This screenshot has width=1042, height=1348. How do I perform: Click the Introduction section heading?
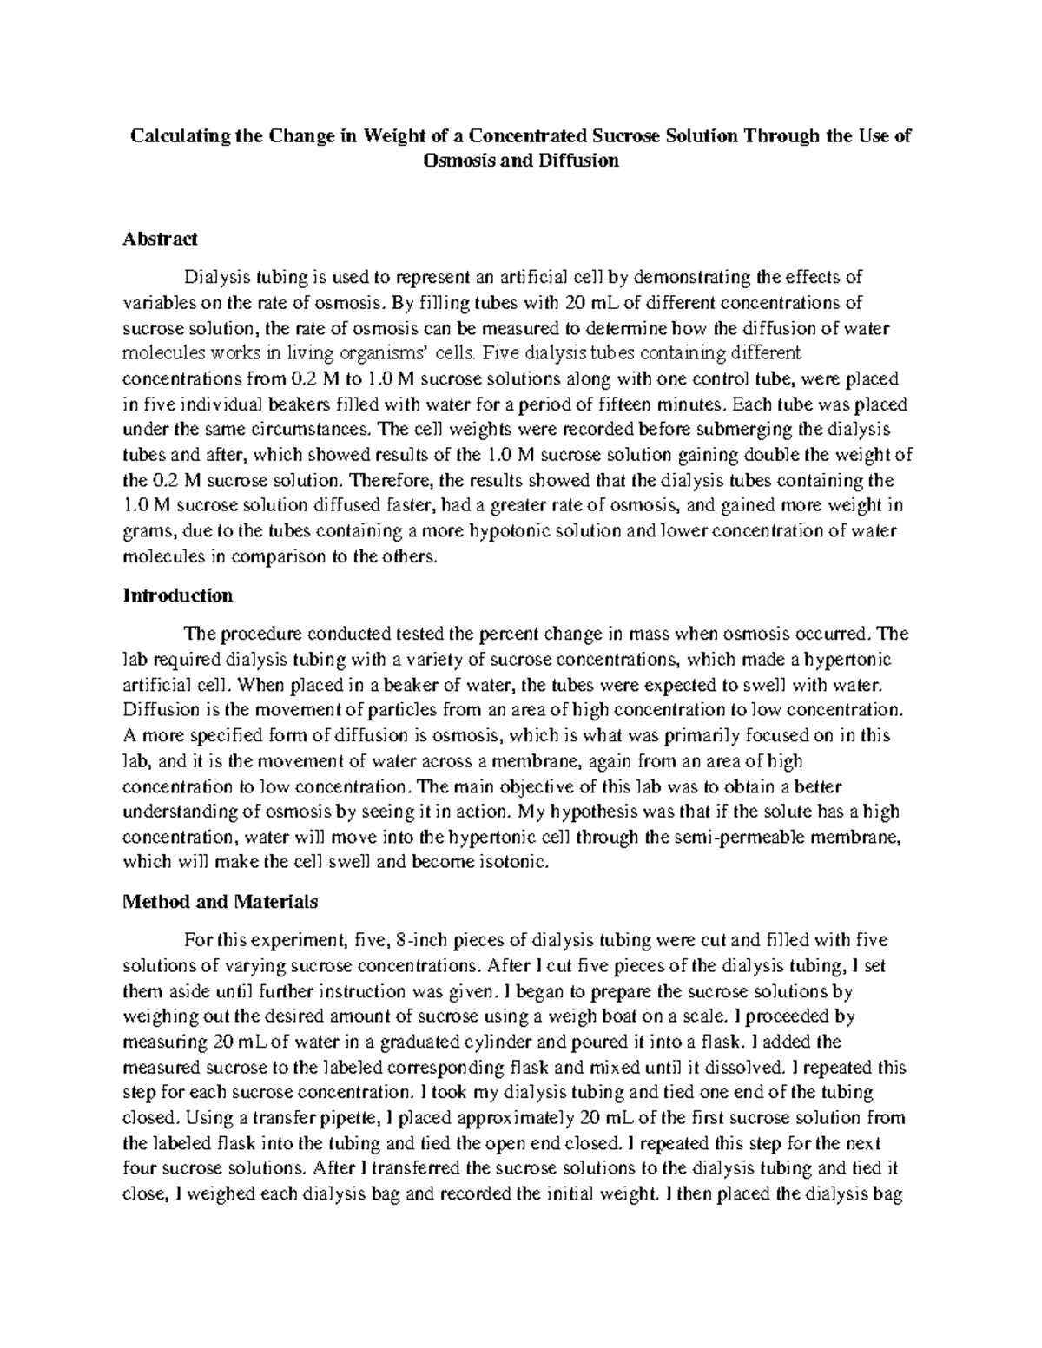point(178,595)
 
